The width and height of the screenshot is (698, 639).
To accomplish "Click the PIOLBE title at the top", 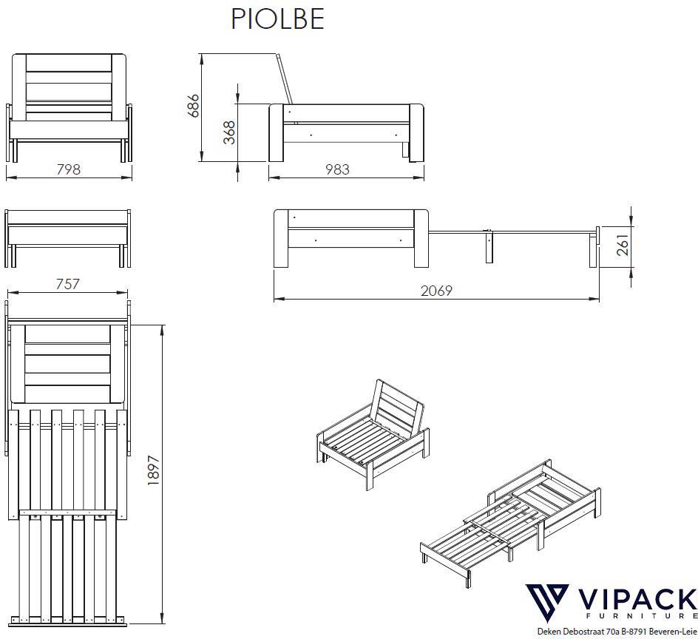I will pyautogui.click(x=277, y=20).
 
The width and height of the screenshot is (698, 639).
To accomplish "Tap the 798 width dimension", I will pyautogui.click(x=69, y=169).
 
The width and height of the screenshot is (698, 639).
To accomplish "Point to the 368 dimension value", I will pyautogui.click(x=229, y=132).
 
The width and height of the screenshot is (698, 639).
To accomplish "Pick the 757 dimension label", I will pyautogui.click(x=67, y=284).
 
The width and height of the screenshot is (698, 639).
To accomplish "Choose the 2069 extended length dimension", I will pyautogui.click(x=436, y=291).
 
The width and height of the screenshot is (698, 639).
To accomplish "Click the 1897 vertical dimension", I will pyautogui.click(x=155, y=470).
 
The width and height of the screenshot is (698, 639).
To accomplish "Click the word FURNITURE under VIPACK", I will pyautogui.click(x=635, y=616).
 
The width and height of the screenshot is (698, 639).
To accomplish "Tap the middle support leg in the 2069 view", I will pyautogui.click(x=489, y=247).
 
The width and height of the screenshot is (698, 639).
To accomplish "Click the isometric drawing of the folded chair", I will pyautogui.click(x=370, y=433).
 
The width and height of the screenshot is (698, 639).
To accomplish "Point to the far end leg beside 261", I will pyautogui.click(x=592, y=248).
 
